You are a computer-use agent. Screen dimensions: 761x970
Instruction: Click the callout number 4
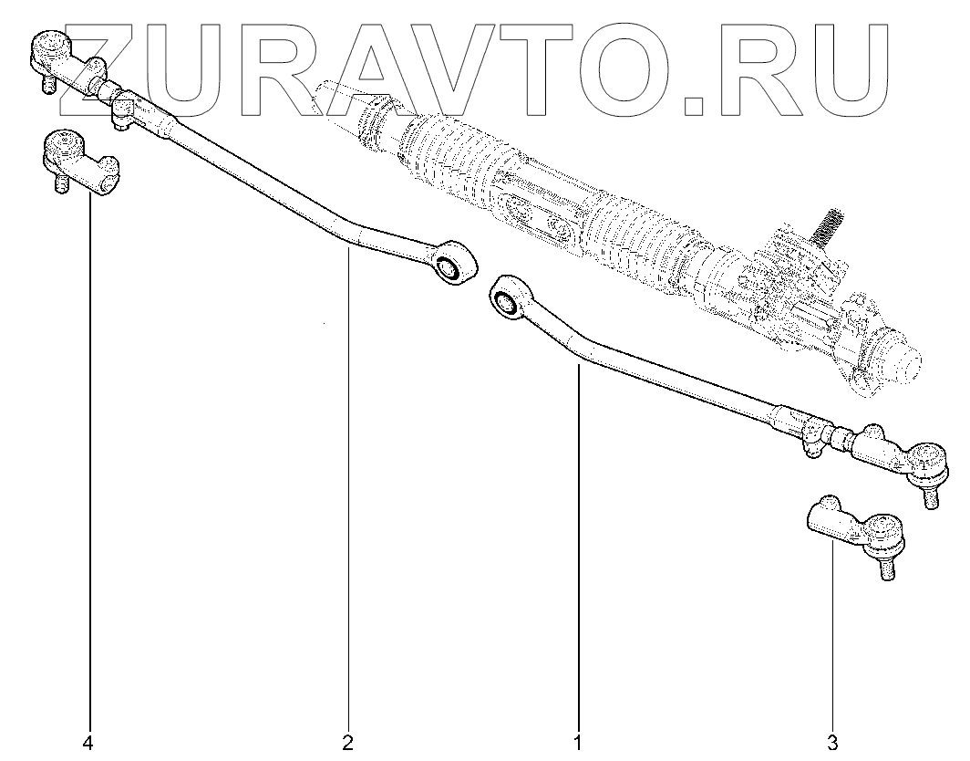(88, 744)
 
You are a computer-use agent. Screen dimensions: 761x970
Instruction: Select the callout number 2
(347, 744)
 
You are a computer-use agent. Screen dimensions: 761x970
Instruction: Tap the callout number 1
(577, 744)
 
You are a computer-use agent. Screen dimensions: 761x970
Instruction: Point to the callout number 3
(833, 744)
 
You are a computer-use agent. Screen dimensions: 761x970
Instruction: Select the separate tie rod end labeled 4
(80, 164)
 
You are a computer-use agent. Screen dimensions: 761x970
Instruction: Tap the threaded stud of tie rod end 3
(887, 568)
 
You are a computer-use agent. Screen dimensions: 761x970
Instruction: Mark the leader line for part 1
(577, 547)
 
